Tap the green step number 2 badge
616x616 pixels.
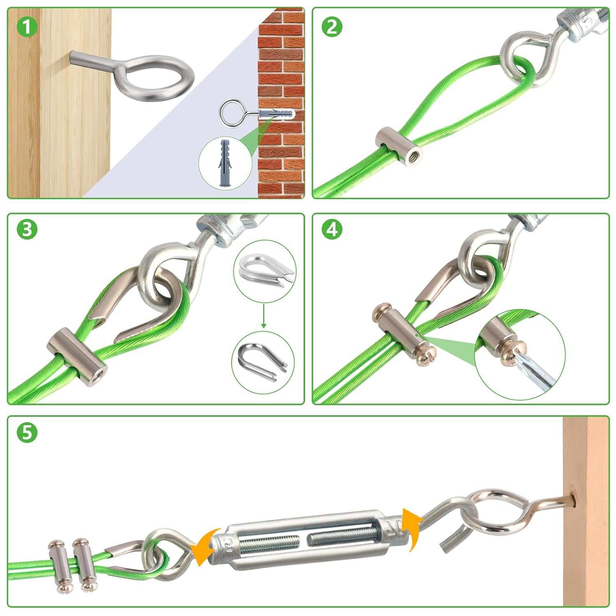(332, 27)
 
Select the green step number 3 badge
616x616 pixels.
(27, 229)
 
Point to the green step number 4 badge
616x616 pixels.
(332, 229)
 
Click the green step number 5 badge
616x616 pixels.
(27, 433)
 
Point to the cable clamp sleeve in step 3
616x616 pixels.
(77, 356)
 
